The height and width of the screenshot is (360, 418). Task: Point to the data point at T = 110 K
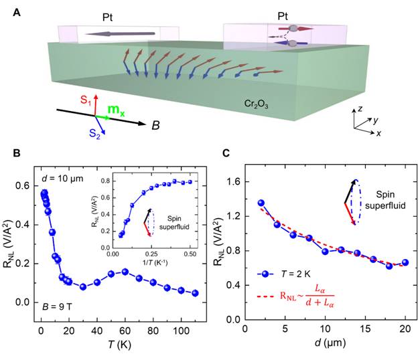tap(194, 293)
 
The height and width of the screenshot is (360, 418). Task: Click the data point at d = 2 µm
tap(261, 203)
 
